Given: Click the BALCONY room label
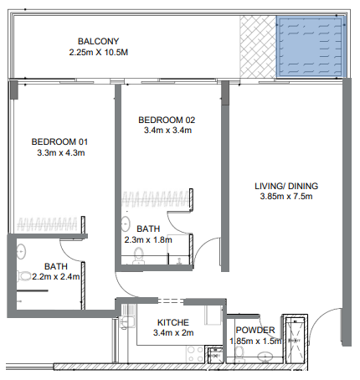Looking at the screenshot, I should coord(100,41).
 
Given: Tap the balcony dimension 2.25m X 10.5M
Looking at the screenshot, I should coord(100,53).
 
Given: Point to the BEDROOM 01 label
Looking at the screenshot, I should coord(59,141).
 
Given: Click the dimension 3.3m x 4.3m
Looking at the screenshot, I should coord(59,153).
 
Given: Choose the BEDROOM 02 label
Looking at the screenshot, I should coord(166,120).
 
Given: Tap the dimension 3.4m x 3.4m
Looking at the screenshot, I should coord(166,131).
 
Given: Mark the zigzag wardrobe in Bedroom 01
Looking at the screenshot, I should coord(49,224).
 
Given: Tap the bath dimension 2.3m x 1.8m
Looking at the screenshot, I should coord(147,240).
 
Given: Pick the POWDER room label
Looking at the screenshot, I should coord(255,330).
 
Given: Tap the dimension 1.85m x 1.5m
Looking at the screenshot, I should coord(255,341).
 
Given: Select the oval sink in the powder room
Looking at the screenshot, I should coord(265,358).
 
